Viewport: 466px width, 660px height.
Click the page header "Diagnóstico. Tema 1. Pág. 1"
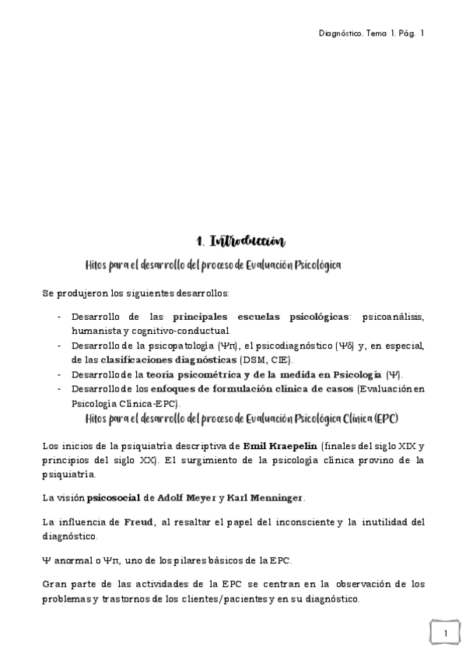pos(372,33)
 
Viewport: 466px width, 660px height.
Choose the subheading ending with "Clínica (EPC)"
pos(243,419)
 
